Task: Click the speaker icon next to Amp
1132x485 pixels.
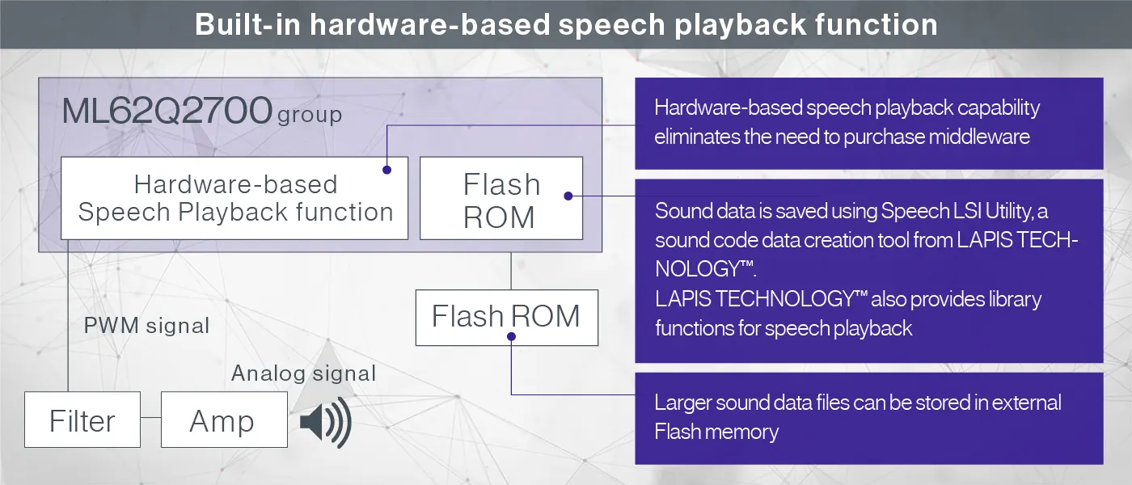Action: point(326,422)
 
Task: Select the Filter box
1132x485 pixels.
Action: point(82,420)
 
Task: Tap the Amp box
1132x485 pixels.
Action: point(224,420)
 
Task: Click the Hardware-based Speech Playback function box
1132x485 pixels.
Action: point(234,198)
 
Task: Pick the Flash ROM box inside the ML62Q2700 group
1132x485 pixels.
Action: point(501,199)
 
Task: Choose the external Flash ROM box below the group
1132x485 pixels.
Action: point(506,316)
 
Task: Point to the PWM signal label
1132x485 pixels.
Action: point(146,326)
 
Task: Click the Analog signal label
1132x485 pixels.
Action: point(303,373)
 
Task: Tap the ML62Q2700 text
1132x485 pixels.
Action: point(167,112)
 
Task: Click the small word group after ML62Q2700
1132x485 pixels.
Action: point(310,115)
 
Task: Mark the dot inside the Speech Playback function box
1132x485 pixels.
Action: point(387,170)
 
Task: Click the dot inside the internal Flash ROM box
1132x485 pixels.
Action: point(568,196)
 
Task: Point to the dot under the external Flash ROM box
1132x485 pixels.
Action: point(512,339)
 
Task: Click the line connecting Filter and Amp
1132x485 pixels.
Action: point(150,419)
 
